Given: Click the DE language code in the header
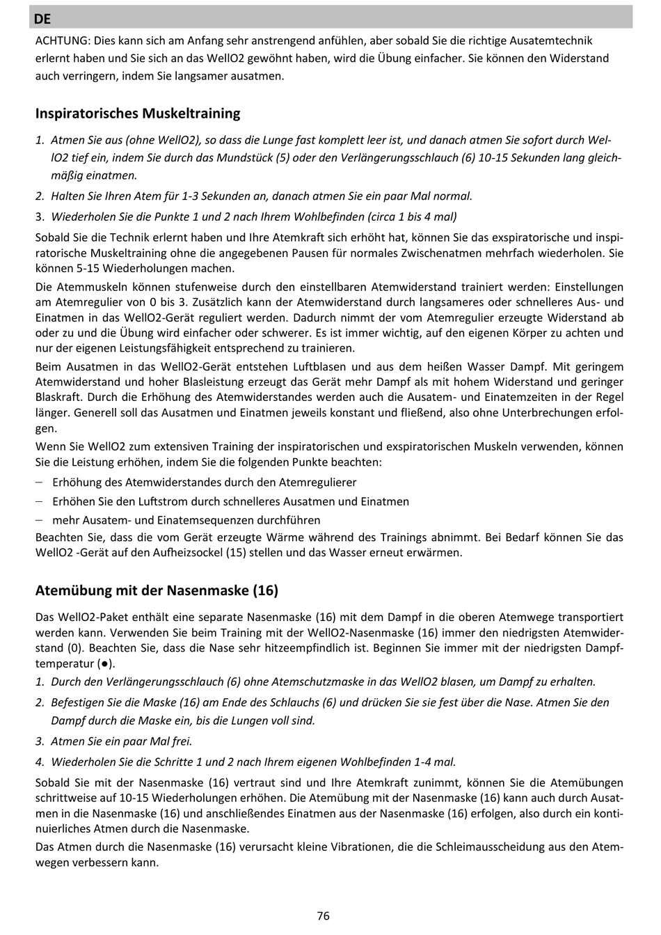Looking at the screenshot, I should [x=42, y=19].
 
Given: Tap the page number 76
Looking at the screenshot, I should [x=323, y=916].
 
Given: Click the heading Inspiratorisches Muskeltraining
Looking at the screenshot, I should [x=138, y=113].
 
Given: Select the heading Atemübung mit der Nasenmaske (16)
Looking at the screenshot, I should [x=157, y=590].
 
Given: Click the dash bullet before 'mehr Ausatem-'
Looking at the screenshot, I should [x=40, y=520].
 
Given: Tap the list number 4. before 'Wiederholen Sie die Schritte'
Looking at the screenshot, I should [x=40, y=762].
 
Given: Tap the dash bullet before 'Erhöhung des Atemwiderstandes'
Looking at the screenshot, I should [x=40, y=482].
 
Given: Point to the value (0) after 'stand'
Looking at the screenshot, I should [x=73, y=648].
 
